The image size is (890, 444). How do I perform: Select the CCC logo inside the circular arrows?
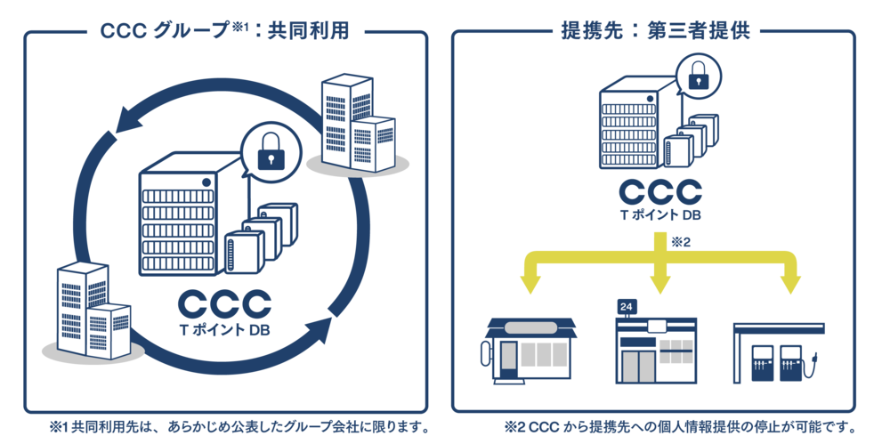[224, 304]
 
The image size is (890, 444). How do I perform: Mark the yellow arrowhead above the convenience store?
[659, 283]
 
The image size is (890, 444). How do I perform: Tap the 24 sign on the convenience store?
[626, 306]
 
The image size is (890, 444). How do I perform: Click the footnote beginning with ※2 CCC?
[678, 426]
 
